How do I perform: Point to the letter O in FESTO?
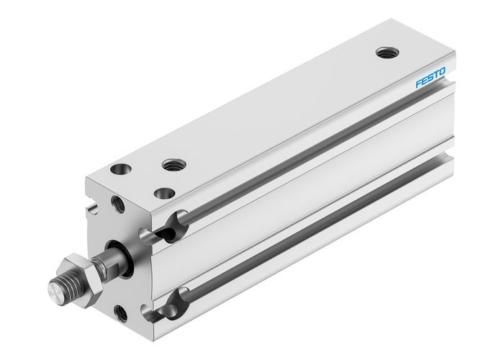443,71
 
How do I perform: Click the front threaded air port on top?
171,165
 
